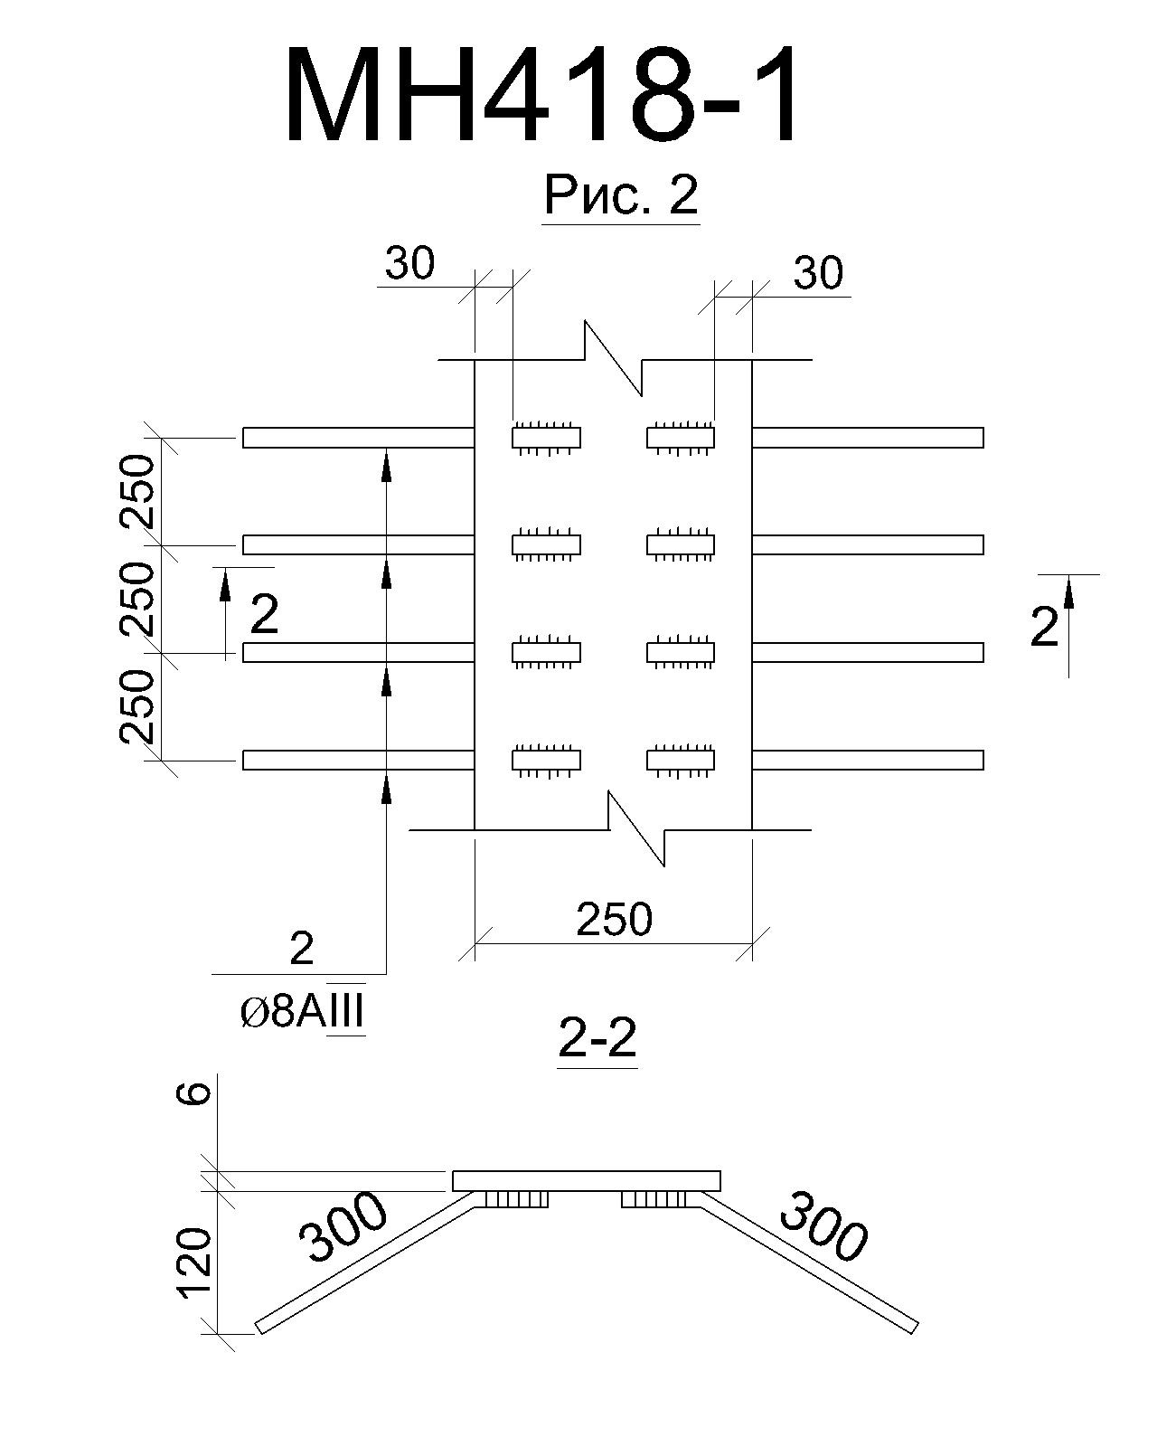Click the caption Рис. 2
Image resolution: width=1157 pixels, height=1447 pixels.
coord(621,194)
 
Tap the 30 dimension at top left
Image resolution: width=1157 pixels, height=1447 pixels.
coord(409,263)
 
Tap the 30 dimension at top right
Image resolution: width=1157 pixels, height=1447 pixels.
coord(818,274)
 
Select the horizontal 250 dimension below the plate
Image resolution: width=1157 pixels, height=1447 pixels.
coord(615,919)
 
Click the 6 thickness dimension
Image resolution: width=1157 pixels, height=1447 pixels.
coord(194,1093)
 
